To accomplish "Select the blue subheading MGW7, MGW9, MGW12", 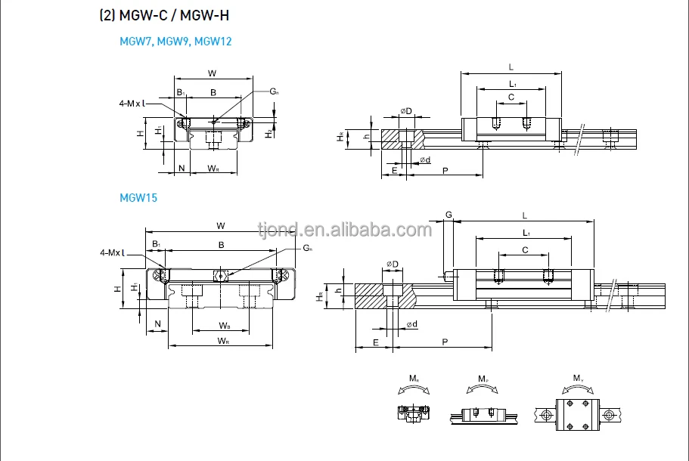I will pyautogui.click(x=175, y=42).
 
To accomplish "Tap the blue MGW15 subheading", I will pyautogui.click(x=138, y=198).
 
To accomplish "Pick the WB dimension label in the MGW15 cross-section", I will pyautogui.click(x=225, y=326).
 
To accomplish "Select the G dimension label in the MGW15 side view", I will pyautogui.click(x=448, y=215).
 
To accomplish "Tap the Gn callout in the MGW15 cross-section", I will pyautogui.click(x=307, y=248).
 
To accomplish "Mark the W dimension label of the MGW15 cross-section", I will pyautogui.click(x=220, y=225).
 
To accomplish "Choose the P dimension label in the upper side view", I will pyautogui.click(x=445, y=172).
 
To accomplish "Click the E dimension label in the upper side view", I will pyautogui.click(x=395, y=172).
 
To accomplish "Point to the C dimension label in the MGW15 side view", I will pyautogui.click(x=524, y=250).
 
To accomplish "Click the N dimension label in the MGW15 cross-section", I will pyautogui.click(x=157, y=325).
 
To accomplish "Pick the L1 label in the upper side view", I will pyautogui.click(x=512, y=83).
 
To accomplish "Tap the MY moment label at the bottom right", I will pyautogui.click(x=578, y=378).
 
